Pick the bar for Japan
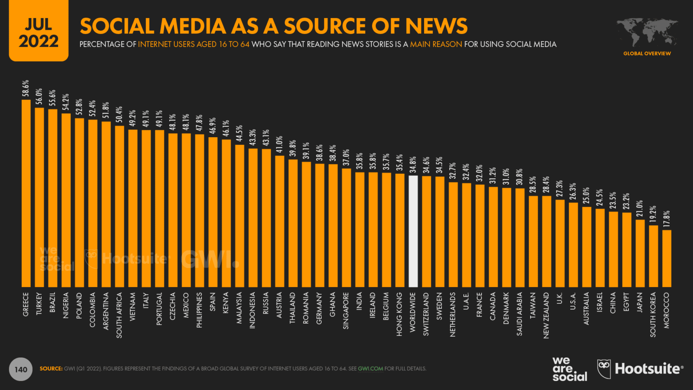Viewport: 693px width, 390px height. [x=640, y=253]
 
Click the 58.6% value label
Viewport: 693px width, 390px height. [x=26, y=88]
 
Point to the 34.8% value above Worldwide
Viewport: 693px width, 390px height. [x=413, y=165]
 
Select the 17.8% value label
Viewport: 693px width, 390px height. [x=666, y=219]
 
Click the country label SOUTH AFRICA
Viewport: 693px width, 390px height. [x=120, y=315]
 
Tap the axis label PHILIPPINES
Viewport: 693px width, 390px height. [x=199, y=310]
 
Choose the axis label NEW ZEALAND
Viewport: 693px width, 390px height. [x=546, y=315]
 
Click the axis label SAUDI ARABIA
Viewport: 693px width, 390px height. [x=520, y=314]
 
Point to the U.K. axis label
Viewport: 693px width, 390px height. [x=560, y=298]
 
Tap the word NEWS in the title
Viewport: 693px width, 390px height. [x=436, y=26]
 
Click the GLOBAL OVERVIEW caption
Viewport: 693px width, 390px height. [x=647, y=53]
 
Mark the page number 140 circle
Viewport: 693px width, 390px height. [x=21, y=369]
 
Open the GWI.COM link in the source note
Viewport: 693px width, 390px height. [x=370, y=369]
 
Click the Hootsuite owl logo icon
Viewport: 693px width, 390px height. [x=604, y=369]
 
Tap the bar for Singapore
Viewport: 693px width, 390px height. [x=346, y=227]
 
